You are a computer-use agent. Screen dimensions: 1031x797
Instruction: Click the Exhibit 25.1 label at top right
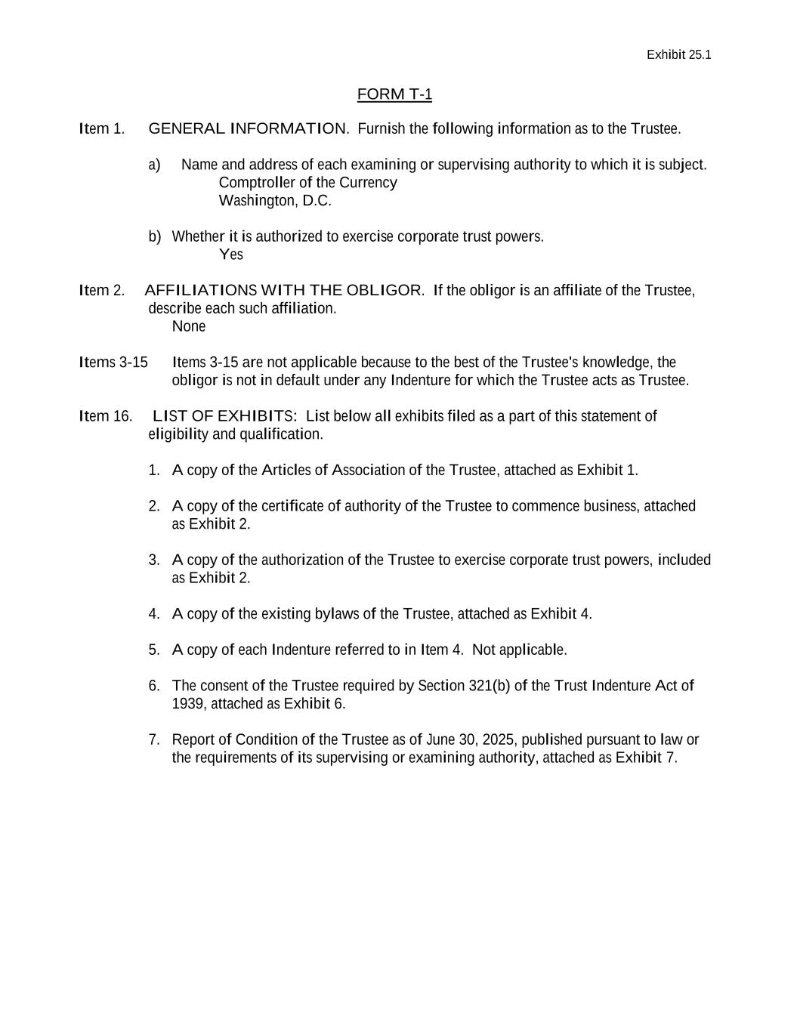[x=678, y=54]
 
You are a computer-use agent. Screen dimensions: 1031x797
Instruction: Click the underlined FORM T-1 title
[x=394, y=94]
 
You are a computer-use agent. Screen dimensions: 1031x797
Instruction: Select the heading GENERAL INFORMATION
[x=249, y=128]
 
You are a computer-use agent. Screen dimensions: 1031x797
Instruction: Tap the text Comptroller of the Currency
[x=307, y=183]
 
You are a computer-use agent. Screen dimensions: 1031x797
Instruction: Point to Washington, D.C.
[x=275, y=201]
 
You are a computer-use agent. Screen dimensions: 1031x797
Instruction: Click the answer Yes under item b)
[x=231, y=255]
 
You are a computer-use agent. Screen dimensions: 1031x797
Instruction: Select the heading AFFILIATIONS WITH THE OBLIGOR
[x=284, y=291]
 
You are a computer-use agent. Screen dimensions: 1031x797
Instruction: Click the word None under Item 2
[x=189, y=326]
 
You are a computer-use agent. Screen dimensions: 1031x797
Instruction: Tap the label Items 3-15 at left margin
[x=113, y=363]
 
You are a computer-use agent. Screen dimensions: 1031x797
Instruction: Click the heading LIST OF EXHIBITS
[x=224, y=416]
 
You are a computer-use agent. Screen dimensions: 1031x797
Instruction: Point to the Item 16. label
[x=106, y=416]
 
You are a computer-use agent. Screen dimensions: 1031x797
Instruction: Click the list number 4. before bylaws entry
[x=154, y=614]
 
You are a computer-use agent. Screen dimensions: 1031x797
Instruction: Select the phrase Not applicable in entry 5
[x=519, y=650]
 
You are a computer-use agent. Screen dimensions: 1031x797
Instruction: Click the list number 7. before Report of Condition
[x=154, y=739]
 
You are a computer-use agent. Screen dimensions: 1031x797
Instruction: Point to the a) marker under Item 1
[x=154, y=165]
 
